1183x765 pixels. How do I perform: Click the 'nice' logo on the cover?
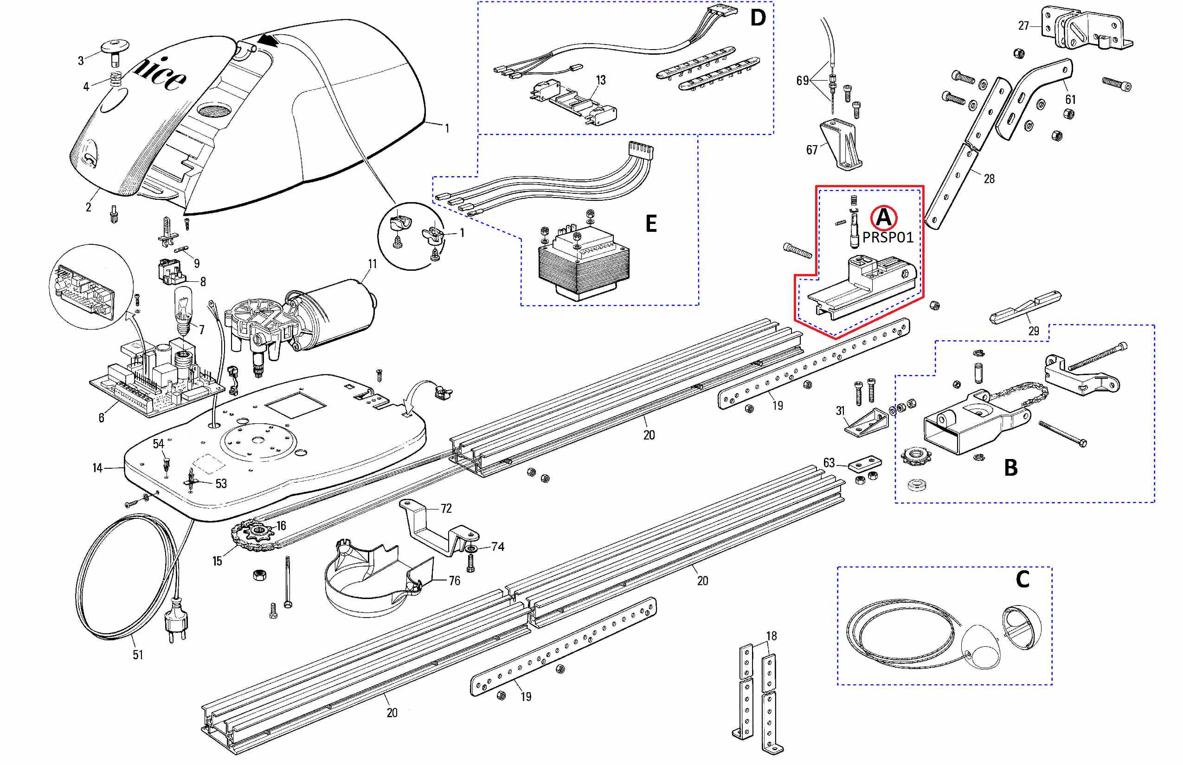coord(160,75)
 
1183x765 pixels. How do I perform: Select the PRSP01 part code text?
coord(888,237)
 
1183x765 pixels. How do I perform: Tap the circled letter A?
coord(883,217)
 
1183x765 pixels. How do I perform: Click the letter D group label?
coord(758,19)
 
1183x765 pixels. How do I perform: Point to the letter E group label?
coord(650,224)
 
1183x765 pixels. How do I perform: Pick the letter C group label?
coord(1022,579)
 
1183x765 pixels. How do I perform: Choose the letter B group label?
coord(1010,468)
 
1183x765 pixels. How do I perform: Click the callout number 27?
coord(1023,26)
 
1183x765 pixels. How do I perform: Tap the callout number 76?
coord(454,580)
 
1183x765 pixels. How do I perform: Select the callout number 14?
coord(97,468)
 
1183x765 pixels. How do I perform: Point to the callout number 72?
coord(446,508)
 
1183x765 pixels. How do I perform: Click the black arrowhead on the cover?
coord(268,40)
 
